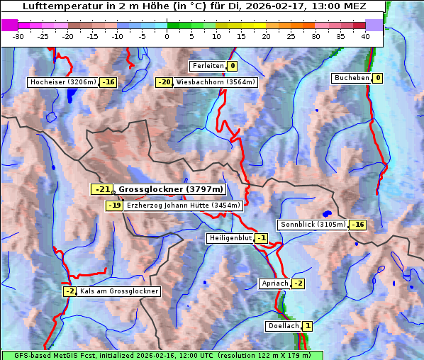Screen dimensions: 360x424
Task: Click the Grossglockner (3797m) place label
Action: [x=171, y=189]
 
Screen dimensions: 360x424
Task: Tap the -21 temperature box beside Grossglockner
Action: [x=102, y=189]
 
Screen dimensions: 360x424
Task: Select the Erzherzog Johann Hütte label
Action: [x=184, y=206]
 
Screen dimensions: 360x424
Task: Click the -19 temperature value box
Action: [x=114, y=206]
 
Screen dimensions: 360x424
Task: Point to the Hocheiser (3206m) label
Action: [x=62, y=82]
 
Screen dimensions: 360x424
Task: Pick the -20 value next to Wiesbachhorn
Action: [x=164, y=82]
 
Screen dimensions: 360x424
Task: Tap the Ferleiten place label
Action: [x=208, y=66]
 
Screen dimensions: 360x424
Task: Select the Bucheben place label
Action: [x=352, y=78]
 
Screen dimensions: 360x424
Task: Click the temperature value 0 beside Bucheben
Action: [x=378, y=78]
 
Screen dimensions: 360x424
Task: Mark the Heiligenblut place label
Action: [x=230, y=238]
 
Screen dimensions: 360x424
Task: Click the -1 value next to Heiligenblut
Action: [x=261, y=238]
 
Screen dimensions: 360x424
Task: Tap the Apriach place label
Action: [x=274, y=283]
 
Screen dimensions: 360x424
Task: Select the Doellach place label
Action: [x=283, y=326]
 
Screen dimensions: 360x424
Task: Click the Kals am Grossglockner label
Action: [x=119, y=291]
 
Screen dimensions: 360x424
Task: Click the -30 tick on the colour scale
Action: [x=19, y=37]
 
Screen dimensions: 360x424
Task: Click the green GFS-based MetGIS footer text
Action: [x=162, y=355]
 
